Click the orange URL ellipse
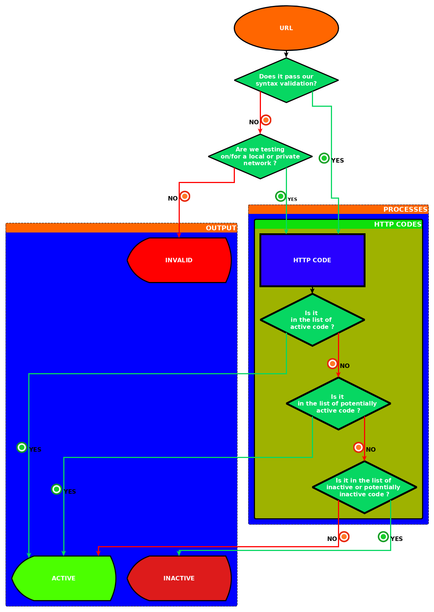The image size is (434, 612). [286, 28]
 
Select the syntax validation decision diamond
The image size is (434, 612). [286, 80]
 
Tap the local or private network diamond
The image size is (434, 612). [260, 156]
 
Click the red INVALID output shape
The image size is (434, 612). [179, 260]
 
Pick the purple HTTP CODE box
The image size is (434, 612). [312, 260]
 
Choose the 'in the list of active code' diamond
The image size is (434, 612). [312, 320]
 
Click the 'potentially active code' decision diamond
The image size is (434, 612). [338, 404]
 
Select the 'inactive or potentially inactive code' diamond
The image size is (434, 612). [364, 487]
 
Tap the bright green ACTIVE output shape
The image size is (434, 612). [64, 578]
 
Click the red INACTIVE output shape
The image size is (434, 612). [179, 578]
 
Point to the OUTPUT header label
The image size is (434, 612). [221, 228]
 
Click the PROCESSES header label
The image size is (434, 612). [405, 209]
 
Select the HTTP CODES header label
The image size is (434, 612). [398, 224]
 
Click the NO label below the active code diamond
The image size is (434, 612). [345, 366]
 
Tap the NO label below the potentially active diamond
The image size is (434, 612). [371, 450]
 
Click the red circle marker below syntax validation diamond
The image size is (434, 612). [266, 120]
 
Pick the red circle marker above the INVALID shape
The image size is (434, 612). [185, 196]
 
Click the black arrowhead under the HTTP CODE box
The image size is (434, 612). [312, 291]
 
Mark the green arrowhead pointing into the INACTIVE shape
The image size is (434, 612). [179, 553]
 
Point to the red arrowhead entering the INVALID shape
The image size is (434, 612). [179, 235]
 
